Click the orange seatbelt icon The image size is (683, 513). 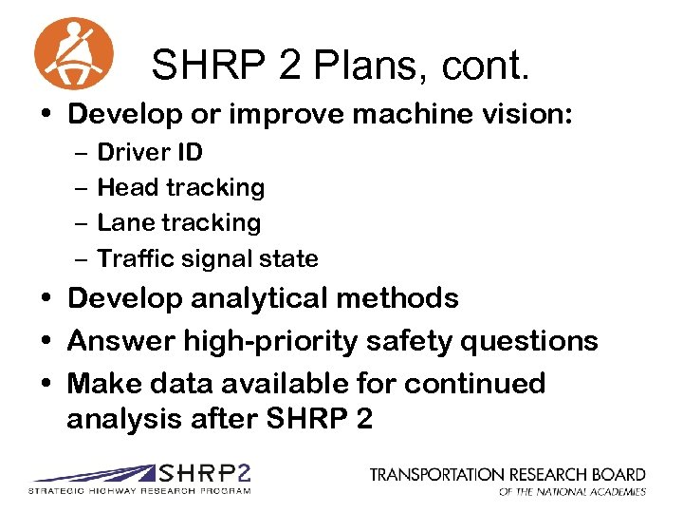pos(73,53)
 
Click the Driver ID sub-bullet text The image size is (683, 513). pos(150,152)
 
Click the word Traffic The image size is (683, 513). pos(131,258)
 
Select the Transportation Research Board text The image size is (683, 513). pos(508,474)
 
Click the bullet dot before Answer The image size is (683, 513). pos(47,341)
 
